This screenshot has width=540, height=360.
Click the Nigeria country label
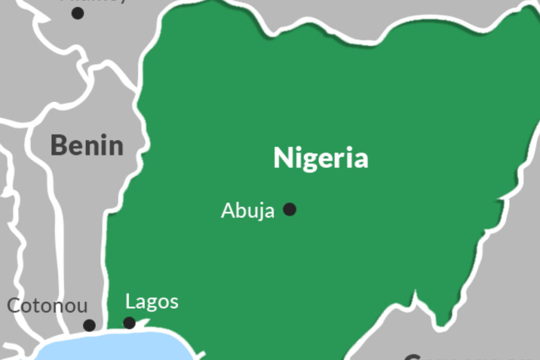[x=321, y=158]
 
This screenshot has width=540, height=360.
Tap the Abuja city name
[x=247, y=211]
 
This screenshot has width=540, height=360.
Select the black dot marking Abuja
[x=290, y=209]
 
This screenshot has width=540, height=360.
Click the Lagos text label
[x=152, y=303]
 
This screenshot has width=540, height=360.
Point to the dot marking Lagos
[x=129, y=323]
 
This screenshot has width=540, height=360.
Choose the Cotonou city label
[x=47, y=306]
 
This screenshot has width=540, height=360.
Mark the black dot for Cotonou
[x=90, y=325]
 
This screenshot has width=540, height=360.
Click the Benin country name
[x=87, y=145]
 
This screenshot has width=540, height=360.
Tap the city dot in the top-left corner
[x=78, y=13]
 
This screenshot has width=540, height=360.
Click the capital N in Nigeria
[x=282, y=158]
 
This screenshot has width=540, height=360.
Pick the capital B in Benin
[x=58, y=145]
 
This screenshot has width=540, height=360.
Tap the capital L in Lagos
[x=130, y=302]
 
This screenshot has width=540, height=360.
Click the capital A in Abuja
[x=227, y=211]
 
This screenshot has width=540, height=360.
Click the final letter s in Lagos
[x=174, y=303]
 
